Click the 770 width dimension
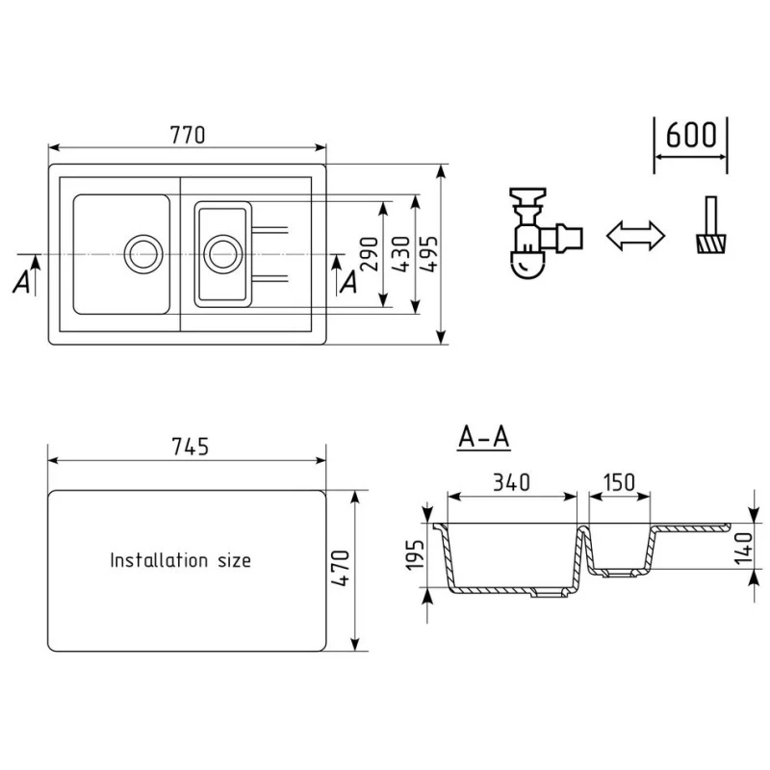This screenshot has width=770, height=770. coord(187,135)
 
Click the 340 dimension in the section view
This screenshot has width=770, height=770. coord(511,483)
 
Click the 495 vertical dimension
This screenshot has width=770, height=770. coord(429,253)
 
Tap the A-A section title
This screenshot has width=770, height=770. coord(483,438)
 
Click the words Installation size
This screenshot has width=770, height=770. coord(180,559)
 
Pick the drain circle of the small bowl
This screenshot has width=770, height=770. coord(221,253)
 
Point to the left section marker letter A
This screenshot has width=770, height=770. coord(21,282)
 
